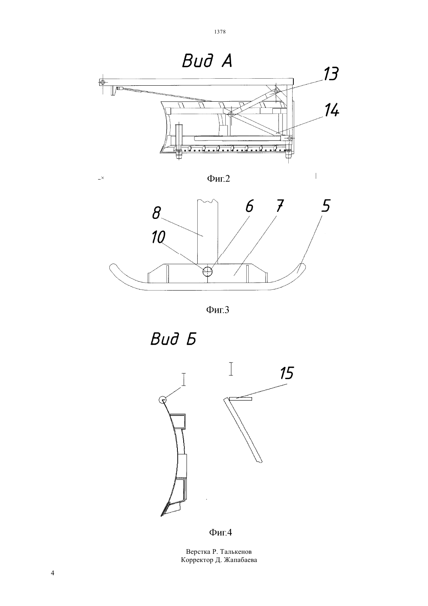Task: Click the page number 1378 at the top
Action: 220,32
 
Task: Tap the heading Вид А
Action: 207,61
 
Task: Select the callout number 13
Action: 331,74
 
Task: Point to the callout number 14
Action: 332,111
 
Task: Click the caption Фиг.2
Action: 218,178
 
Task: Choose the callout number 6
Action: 249,207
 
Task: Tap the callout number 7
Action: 280,206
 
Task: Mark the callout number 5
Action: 326,206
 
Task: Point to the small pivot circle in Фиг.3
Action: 208,271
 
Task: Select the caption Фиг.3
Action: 218,310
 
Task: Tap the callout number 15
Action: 286,373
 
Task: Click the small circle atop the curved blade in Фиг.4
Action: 163,399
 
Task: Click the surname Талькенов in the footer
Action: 236,551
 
